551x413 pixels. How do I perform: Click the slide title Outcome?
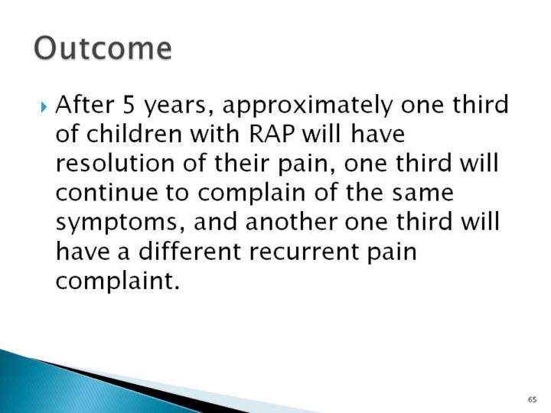pos(103,47)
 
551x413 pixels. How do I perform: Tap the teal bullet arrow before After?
pos(44,106)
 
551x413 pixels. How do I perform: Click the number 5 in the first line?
pos(129,104)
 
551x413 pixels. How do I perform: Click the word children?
pos(133,134)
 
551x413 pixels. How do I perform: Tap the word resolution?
pos(115,164)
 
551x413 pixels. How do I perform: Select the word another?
pos(292,223)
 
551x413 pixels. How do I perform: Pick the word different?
pos(190,251)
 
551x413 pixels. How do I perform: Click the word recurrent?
pos(304,252)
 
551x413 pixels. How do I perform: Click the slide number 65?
pos(532,400)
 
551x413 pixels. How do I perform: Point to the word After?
pos(85,104)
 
